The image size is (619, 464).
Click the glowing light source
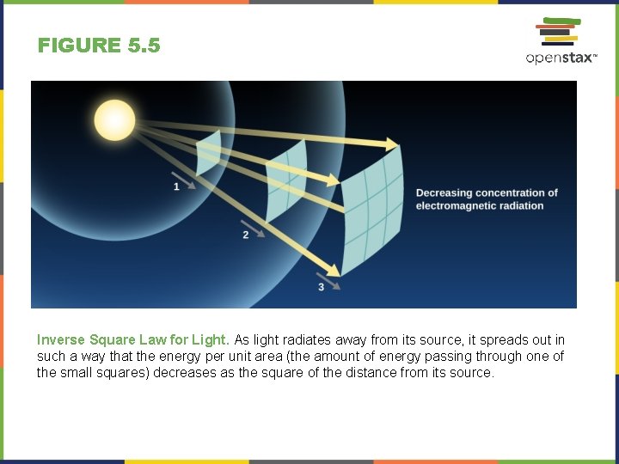click(116, 119)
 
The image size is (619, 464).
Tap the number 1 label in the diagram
click(176, 186)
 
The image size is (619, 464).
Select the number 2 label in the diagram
click(246, 235)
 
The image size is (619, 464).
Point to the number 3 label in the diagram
click(321, 286)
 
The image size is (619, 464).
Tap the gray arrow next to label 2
click(255, 226)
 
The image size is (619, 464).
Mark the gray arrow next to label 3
click(328, 278)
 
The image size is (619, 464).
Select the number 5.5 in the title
click(143, 46)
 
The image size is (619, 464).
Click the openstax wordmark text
click(560, 58)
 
